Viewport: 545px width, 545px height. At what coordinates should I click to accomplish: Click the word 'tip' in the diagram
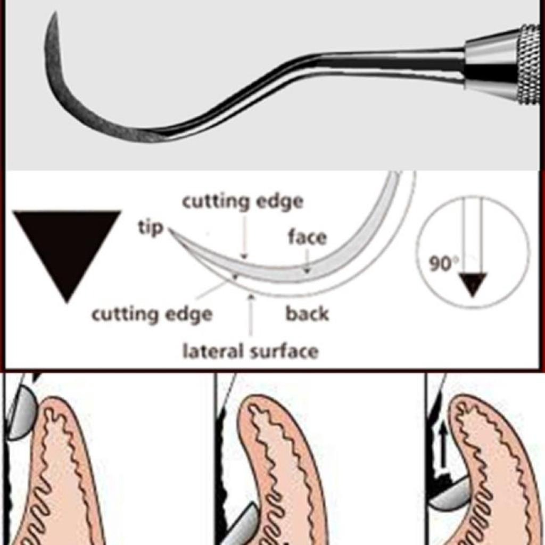pyautogui.click(x=151, y=228)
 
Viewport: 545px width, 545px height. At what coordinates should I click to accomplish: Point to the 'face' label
pyautogui.click(x=307, y=237)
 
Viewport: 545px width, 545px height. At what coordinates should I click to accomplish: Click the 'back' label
pyautogui.click(x=307, y=314)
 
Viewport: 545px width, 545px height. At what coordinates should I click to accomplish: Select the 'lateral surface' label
pyautogui.click(x=250, y=351)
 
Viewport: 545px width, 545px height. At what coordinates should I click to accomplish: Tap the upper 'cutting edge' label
pyautogui.click(x=243, y=202)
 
